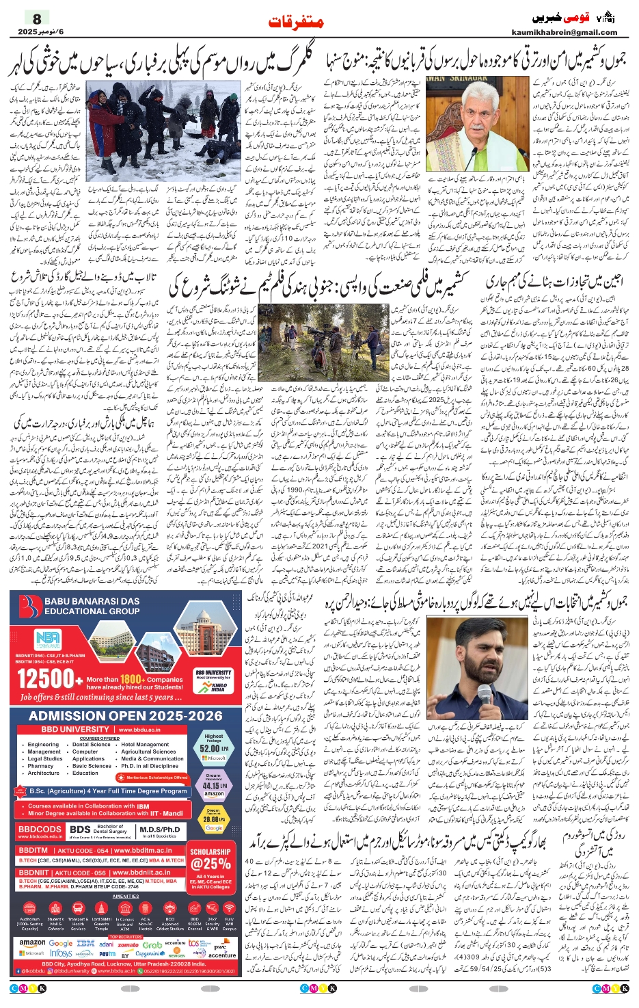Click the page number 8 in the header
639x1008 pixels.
[37, 18]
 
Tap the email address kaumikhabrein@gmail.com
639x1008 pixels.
[564, 32]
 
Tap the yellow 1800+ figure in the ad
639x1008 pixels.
[131, 679]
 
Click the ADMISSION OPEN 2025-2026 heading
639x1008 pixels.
[125, 716]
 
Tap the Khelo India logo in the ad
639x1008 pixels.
[218, 686]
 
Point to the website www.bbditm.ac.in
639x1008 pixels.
[141, 851]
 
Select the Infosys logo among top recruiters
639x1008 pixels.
[61, 953]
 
